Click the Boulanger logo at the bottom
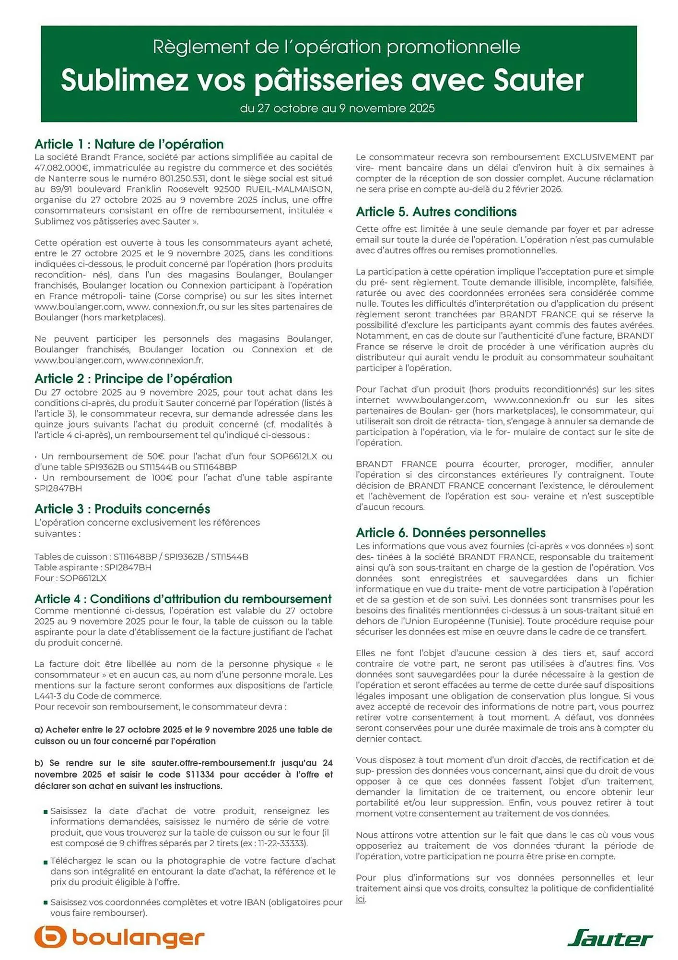coord(119,937)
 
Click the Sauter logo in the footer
coord(610,938)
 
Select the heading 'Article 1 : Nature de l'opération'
coord(129,144)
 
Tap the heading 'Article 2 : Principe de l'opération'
coord(133,378)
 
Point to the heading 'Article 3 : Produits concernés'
coord(122,509)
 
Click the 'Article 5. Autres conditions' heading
coord(436,212)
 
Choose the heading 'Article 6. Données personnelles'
coord(450,532)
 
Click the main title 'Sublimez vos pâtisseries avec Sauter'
coord(322,80)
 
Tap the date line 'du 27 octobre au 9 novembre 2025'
coord(337,108)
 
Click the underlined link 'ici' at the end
coord(360,899)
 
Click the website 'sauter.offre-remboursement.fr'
coord(213,763)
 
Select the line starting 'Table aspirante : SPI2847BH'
coord(93,567)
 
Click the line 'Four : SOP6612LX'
coord(70,578)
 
